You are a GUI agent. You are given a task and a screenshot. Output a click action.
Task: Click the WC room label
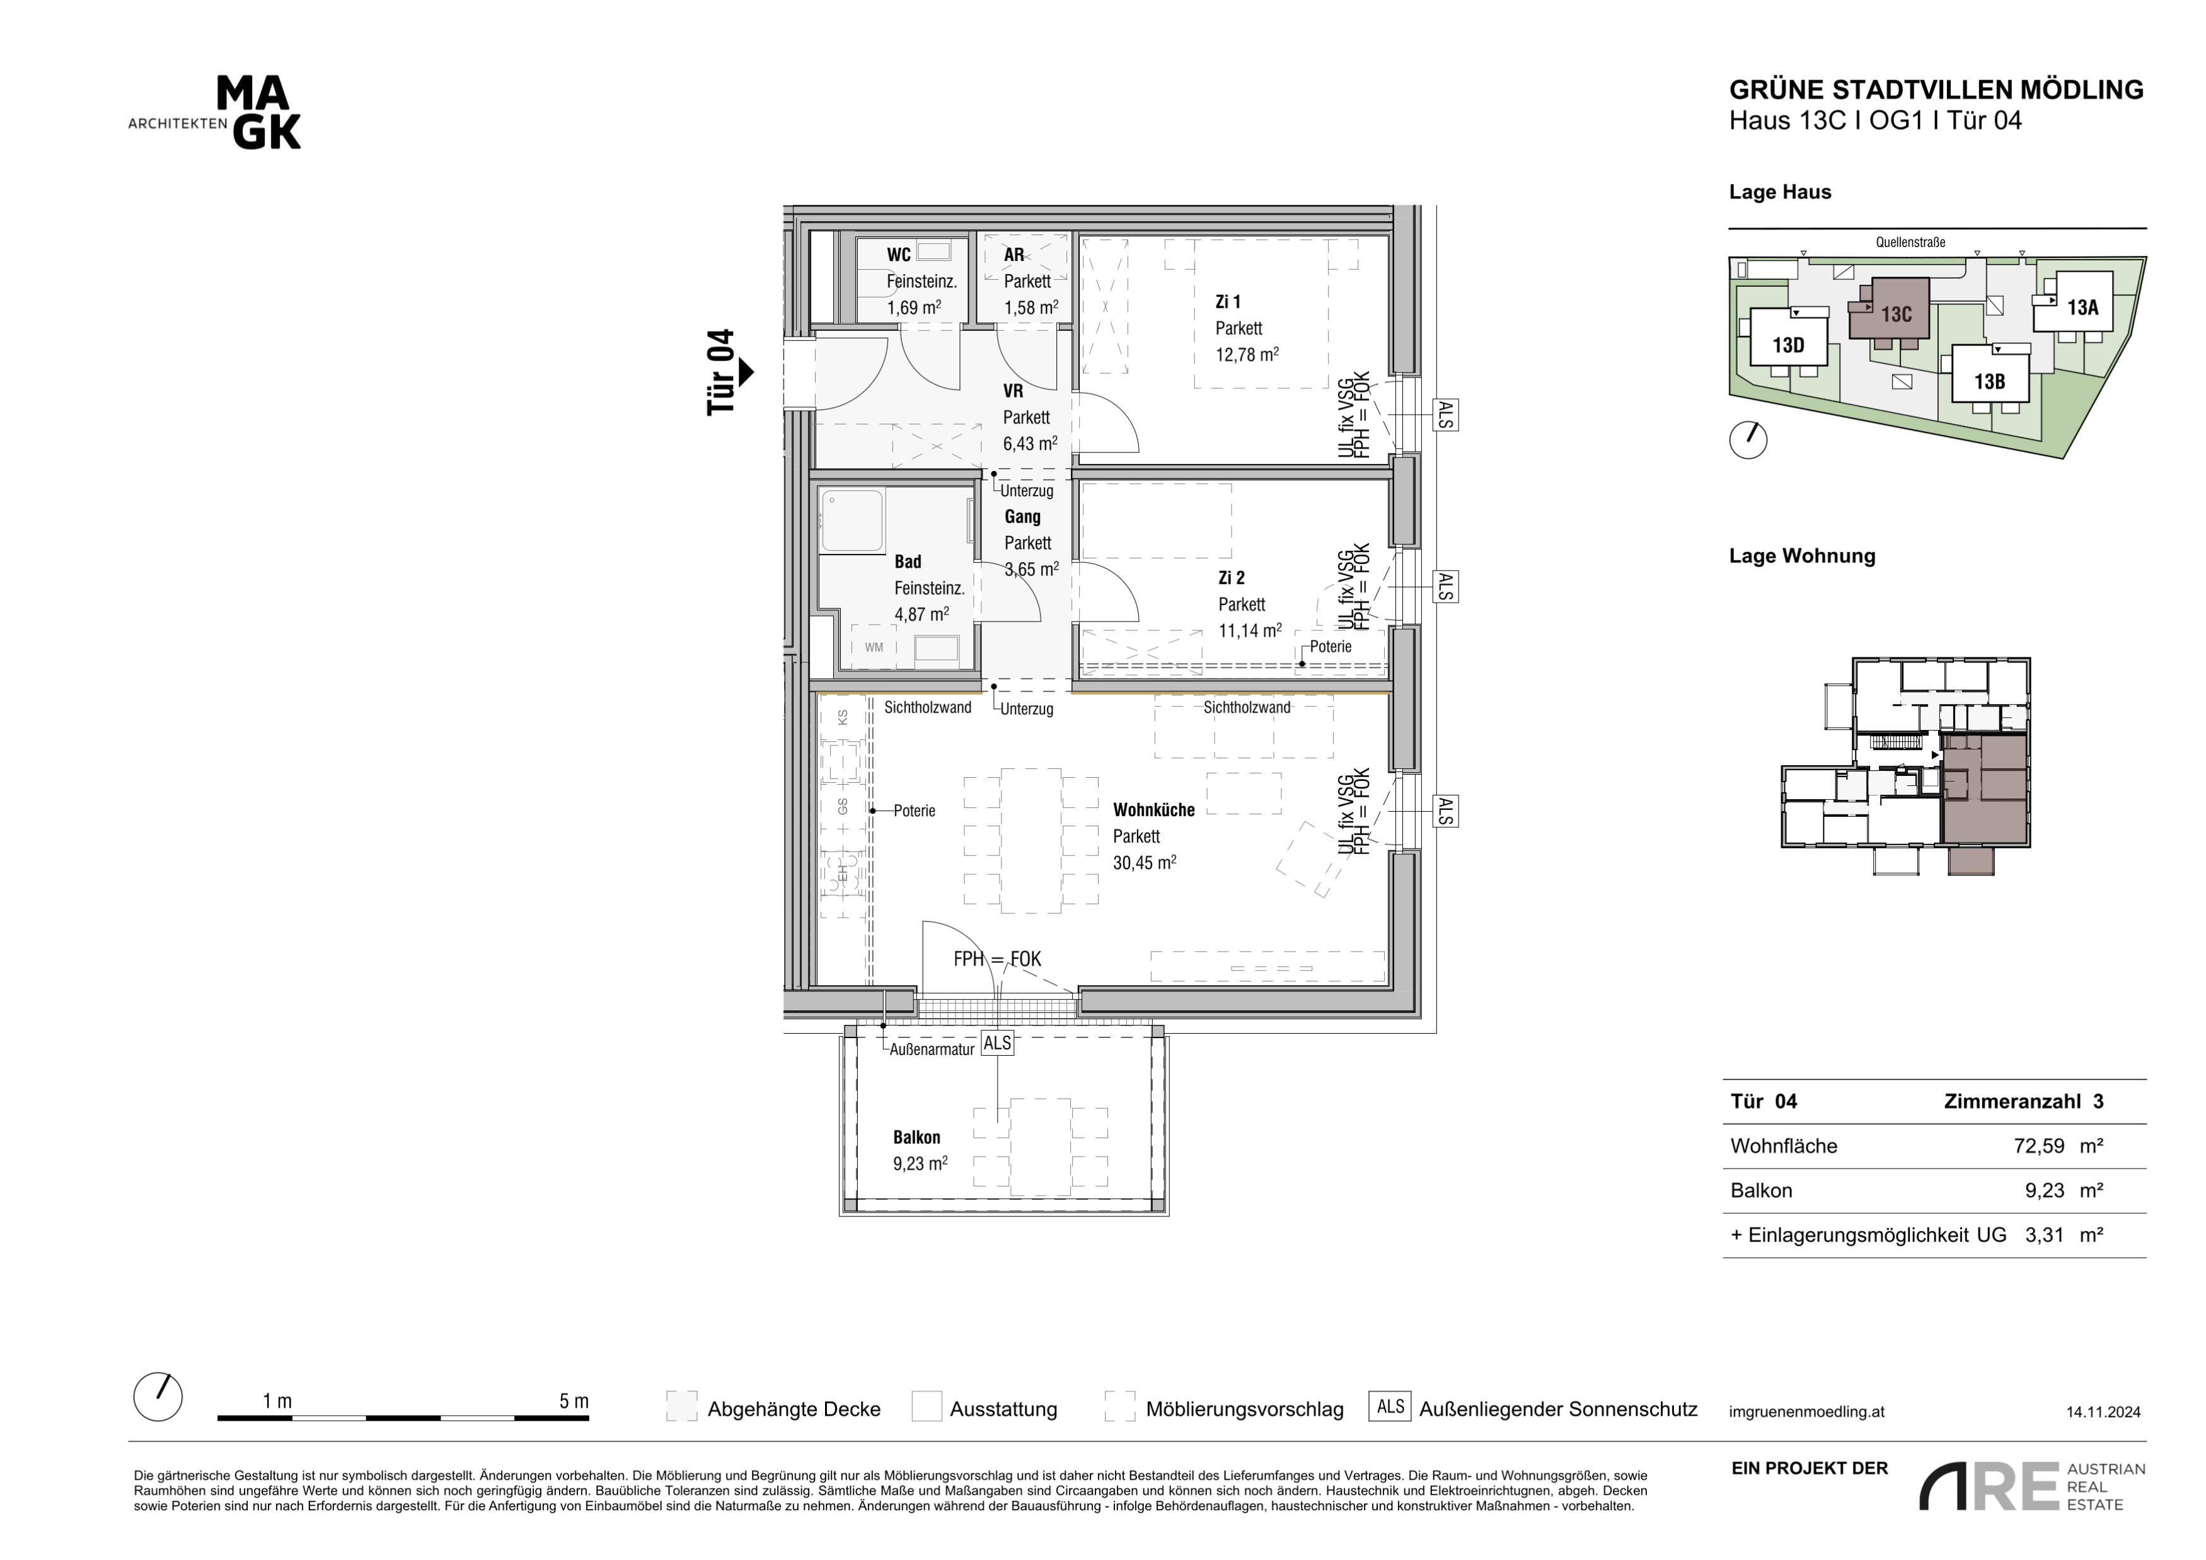tap(898, 255)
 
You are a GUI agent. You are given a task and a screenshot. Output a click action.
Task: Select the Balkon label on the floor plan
tap(916, 1137)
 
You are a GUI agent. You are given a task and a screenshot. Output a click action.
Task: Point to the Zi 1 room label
tap(1228, 302)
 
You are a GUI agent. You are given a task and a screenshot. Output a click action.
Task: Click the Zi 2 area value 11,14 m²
tap(1250, 630)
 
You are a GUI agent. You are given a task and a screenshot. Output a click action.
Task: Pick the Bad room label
tap(908, 562)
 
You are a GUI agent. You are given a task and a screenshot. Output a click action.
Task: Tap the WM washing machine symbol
tap(874, 647)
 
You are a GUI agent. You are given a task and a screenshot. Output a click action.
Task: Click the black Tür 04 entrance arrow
tap(746, 372)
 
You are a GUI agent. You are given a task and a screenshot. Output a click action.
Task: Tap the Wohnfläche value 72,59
tap(2039, 1146)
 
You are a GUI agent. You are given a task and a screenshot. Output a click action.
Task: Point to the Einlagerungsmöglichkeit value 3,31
tap(2045, 1235)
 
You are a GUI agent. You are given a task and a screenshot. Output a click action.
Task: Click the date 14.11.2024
tap(2103, 1412)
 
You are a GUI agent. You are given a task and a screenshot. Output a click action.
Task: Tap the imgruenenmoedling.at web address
tap(1806, 1412)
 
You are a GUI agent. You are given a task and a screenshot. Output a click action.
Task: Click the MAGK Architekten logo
tap(215, 113)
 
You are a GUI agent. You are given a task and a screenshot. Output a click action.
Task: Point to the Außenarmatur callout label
tap(932, 1050)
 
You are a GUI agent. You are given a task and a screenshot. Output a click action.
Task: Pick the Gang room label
tap(1022, 517)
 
